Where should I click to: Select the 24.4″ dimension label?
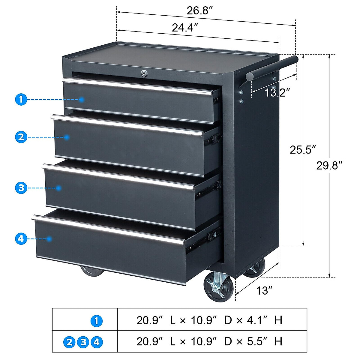pos(185,28)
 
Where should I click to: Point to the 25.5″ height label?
pos(303,149)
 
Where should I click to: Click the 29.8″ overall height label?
pos(329,165)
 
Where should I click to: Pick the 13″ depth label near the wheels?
pos(264,290)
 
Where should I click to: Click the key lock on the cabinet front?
pos(145,73)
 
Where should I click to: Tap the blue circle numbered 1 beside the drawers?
pos(21,99)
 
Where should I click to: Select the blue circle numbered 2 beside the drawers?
pos(21,137)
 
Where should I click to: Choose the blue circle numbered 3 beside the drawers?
pos(21,188)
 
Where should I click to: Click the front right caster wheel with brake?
pos(218,287)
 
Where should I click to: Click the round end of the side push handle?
pos(250,76)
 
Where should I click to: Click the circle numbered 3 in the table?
pos(83,342)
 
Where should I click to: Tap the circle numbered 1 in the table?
pos(96,321)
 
